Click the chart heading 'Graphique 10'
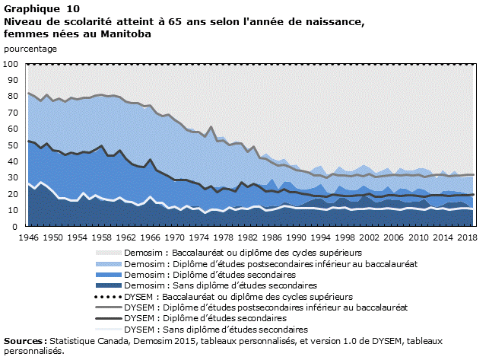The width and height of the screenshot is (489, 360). (36, 8)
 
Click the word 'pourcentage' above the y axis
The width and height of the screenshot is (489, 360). (30, 49)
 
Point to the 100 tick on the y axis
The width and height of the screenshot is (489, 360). (11, 64)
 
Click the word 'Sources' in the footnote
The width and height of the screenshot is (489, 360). (24, 341)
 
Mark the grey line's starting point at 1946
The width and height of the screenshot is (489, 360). (28, 94)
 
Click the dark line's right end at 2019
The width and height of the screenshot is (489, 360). (473, 195)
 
